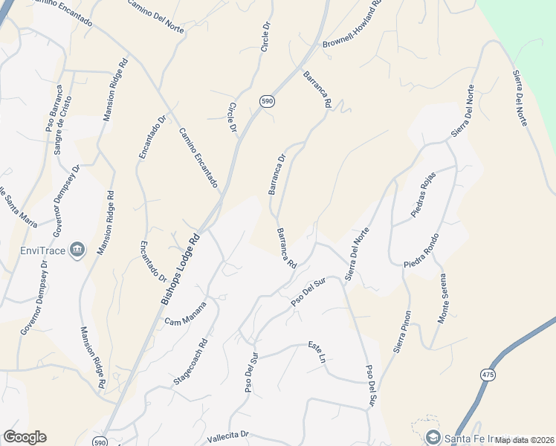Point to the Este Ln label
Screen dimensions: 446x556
(317, 352)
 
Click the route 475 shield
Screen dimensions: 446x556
(487, 375)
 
